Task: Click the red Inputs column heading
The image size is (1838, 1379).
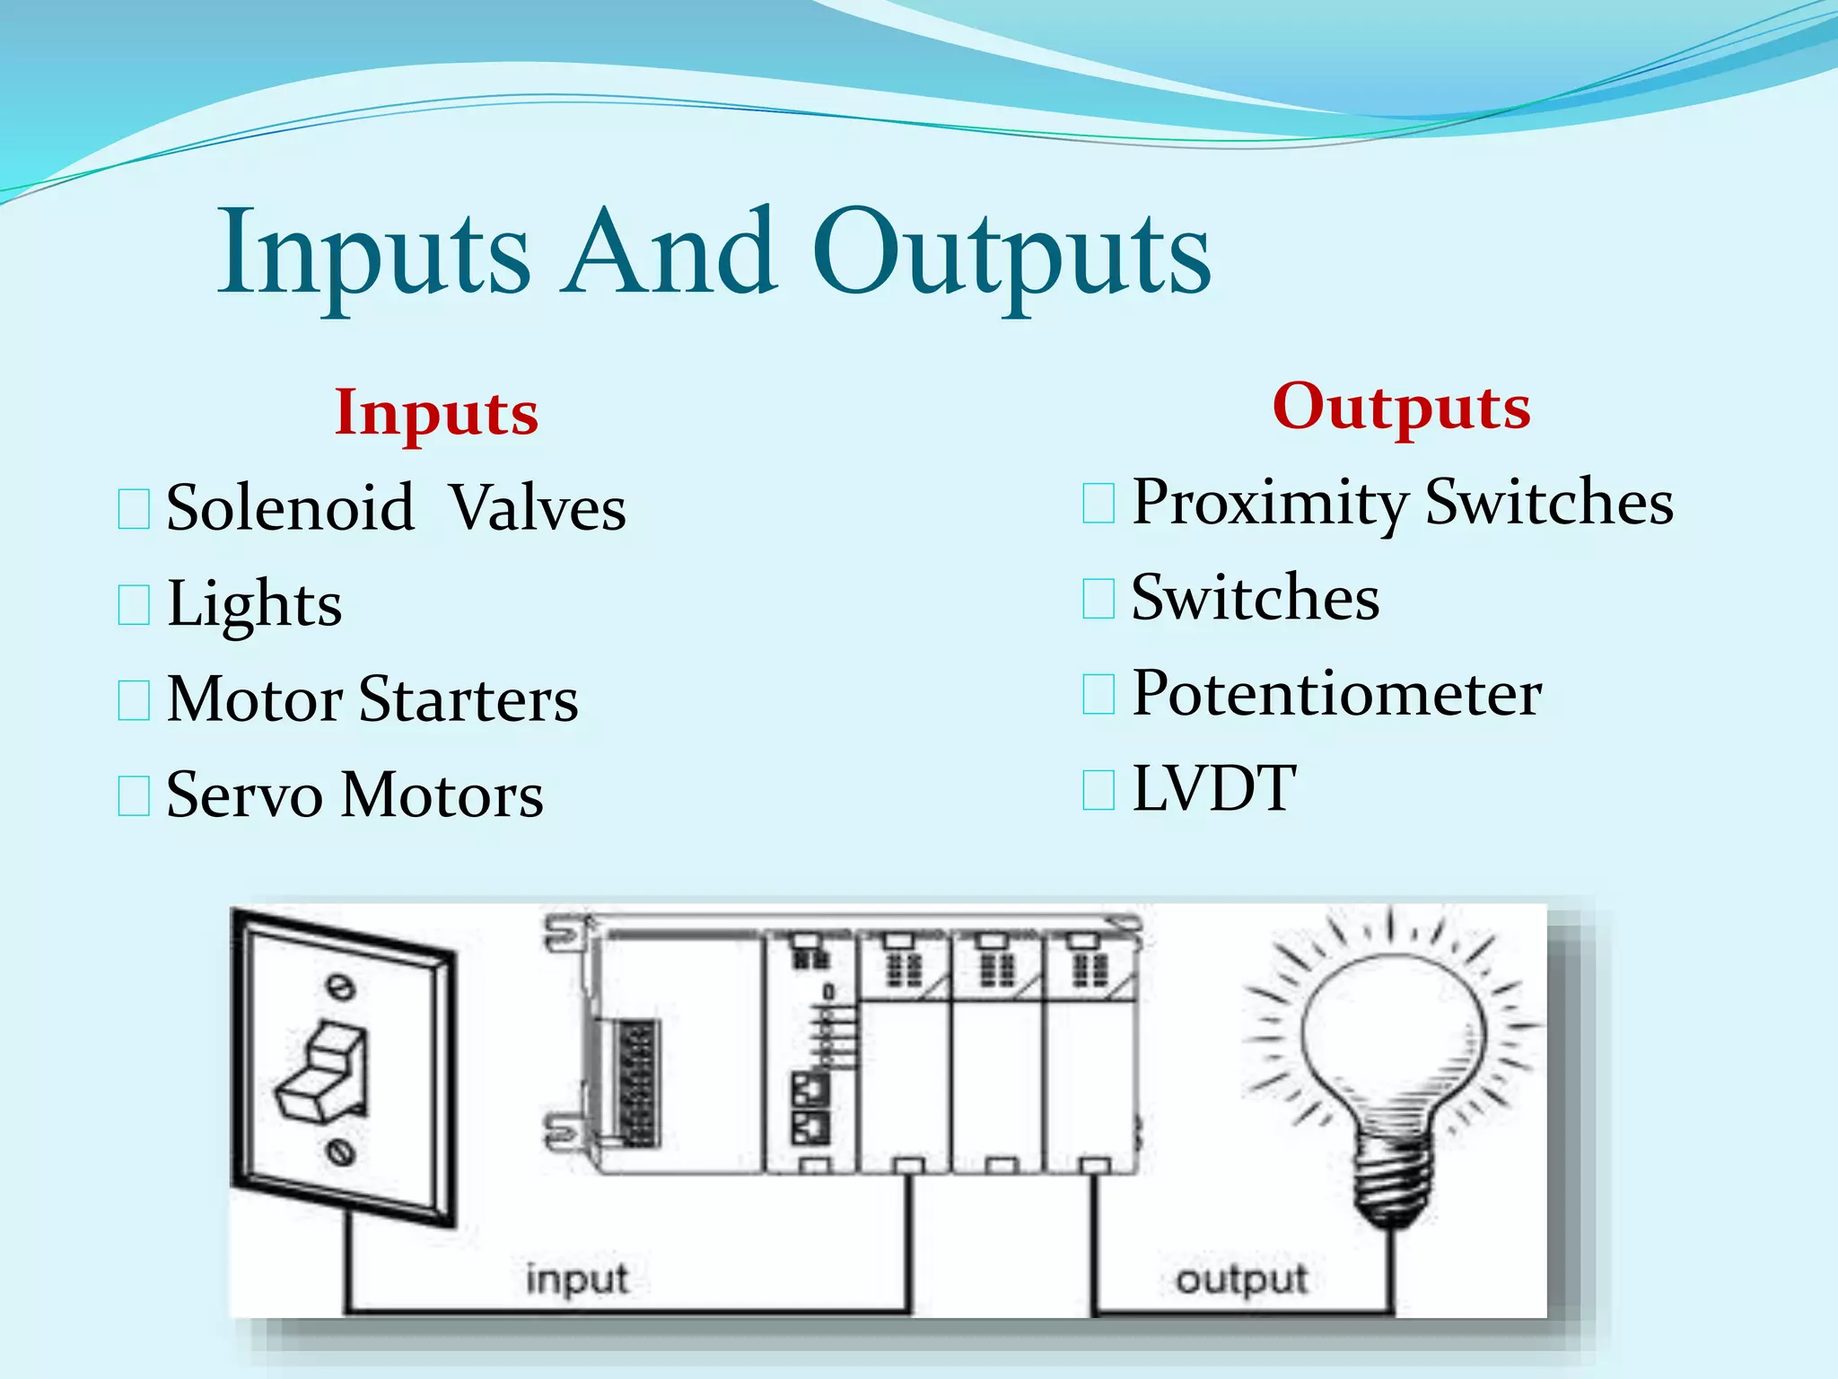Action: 436,413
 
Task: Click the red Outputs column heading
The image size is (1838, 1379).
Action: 1401,407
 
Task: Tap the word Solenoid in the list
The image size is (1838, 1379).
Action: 290,508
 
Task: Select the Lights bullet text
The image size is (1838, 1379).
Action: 255,603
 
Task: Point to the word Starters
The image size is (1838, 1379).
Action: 468,699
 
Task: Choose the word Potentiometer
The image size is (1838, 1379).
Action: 1336,694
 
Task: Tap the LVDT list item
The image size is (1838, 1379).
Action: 1213,789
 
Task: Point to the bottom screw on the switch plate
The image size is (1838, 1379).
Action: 340,1151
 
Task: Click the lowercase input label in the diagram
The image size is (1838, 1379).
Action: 576,1279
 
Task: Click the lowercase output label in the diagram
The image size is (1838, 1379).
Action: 1241,1279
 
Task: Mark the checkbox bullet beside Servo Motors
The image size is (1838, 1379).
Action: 134,796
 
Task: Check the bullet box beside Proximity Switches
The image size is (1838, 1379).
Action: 1098,503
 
